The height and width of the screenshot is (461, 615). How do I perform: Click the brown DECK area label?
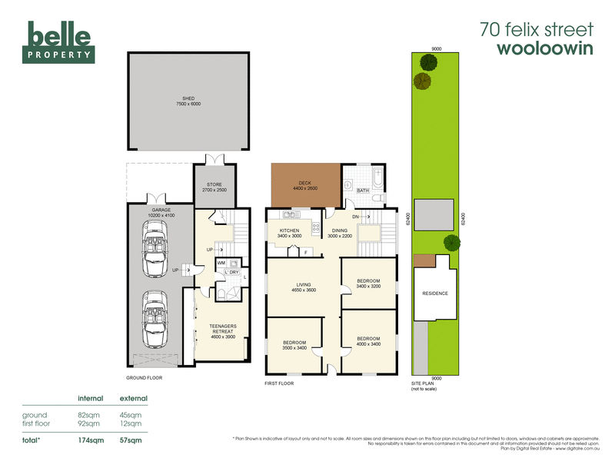(x=305, y=185)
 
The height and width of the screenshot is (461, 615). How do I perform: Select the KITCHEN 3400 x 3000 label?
(x=289, y=233)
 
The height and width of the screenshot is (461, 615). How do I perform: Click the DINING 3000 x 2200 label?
(x=338, y=233)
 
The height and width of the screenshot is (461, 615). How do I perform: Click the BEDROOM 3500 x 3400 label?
(x=294, y=345)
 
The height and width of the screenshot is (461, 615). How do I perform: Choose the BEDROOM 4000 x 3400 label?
(x=369, y=340)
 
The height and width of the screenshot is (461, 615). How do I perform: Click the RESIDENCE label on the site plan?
(x=436, y=293)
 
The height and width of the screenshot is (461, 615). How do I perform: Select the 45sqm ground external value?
(x=131, y=415)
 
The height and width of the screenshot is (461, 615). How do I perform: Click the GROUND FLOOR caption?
(x=144, y=377)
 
